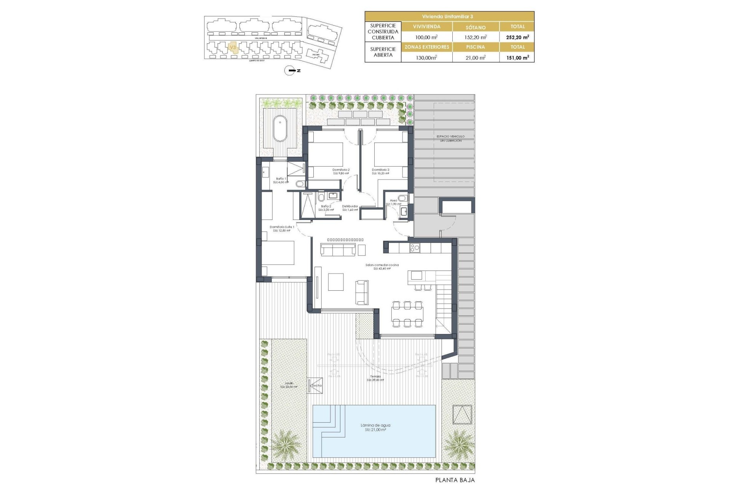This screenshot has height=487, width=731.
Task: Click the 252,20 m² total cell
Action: coord(517,37)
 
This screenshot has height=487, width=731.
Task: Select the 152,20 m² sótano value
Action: coord(476,37)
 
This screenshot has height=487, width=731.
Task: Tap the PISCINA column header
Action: coord(476,47)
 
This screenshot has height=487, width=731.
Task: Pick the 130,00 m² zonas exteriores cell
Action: coord(426,58)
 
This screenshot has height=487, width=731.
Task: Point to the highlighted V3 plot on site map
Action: coord(233,48)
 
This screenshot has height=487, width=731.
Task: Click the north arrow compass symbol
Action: coord(290,71)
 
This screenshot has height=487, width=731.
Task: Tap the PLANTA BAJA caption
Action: coord(455,480)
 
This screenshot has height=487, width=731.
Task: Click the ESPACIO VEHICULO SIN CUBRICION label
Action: coord(450,138)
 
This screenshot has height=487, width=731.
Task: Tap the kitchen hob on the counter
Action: coord(415,248)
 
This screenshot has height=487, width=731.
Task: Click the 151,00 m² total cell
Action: coord(517,58)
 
